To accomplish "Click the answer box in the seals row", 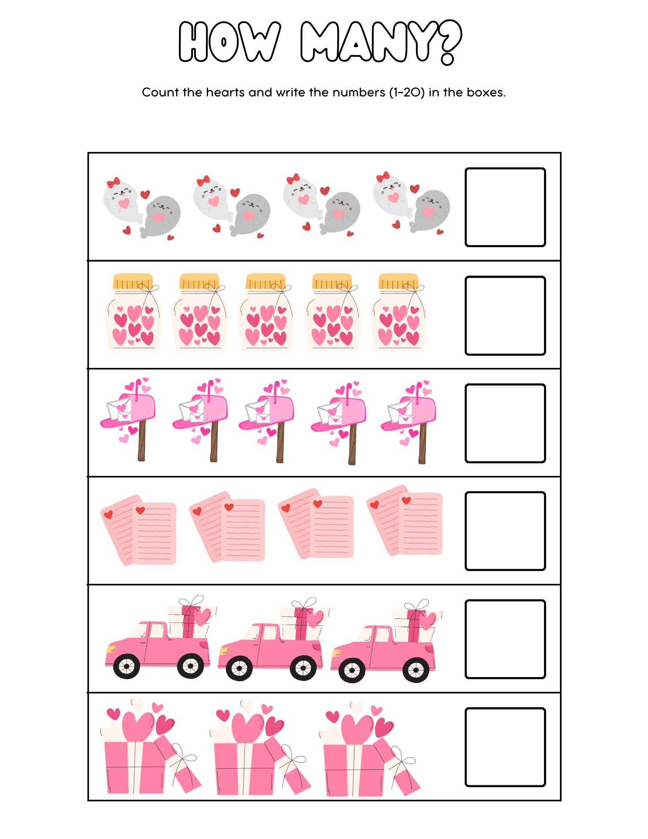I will (505, 207).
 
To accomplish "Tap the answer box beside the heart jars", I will (505, 315).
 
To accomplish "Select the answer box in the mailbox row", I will (505, 423).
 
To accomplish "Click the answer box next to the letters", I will (505, 531).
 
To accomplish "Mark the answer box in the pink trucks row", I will (505, 639).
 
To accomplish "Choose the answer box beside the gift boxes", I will (505, 747).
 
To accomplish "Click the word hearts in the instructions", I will (226, 92).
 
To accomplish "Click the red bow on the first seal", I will (113, 182).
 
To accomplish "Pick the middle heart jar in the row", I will (266, 313).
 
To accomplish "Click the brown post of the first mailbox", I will (142, 440).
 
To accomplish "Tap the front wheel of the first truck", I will (126, 666).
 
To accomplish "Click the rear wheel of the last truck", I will (415, 670).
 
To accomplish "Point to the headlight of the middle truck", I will (224, 651).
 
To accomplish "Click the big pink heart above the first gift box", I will (138, 726).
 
